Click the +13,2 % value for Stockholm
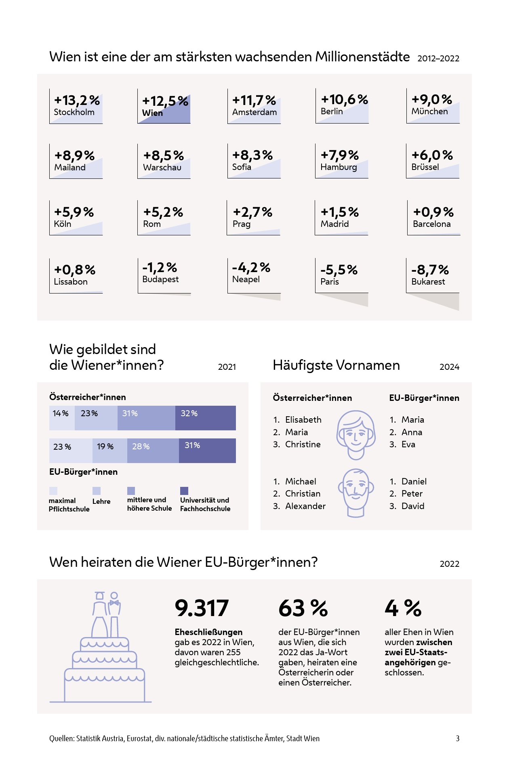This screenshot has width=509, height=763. pyautogui.click(x=77, y=100)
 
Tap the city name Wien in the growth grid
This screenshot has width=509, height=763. pyautogui.click(x=152, y=113)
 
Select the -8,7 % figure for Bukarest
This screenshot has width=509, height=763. pyautogui.click(x=430, y=270)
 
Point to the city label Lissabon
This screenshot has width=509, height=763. pyautogui.click(x=71, y=282)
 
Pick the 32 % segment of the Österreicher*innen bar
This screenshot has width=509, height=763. pyautogui.click(x=205, y=418)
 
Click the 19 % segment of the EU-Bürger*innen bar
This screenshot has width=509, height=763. pyautogui.click(x=109, y=450)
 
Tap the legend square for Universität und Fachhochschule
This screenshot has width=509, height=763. pyautogui.click(x=184, y=491)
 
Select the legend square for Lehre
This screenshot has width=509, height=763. pyautogui.click(x=97, y=491)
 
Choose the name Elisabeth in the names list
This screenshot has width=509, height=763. pyautogui.click(x=303, y=420)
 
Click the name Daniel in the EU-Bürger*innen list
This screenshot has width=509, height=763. pyautogui.click(x=414, y=481)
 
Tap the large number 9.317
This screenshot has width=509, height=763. pyautogui.click(x=202, y=608)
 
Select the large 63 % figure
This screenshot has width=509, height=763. pyautogui.click(x=303, y=608)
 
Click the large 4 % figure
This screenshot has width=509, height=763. pyautogui.click(x=403, y=608)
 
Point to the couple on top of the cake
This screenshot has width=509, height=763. pyautogui.click(x=107, y=614)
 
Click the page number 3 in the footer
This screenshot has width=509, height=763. pyautogui.click(x=458, y=738)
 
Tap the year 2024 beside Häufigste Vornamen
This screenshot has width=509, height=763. pyautogui.click(x=449, y=367)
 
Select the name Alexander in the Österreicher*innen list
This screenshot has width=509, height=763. pyautogui.click(x=305, y=506)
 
